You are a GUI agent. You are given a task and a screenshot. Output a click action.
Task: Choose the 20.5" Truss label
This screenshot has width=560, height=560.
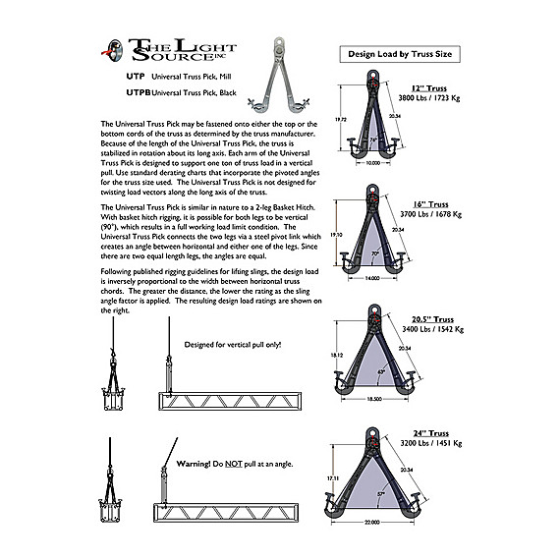431,318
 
